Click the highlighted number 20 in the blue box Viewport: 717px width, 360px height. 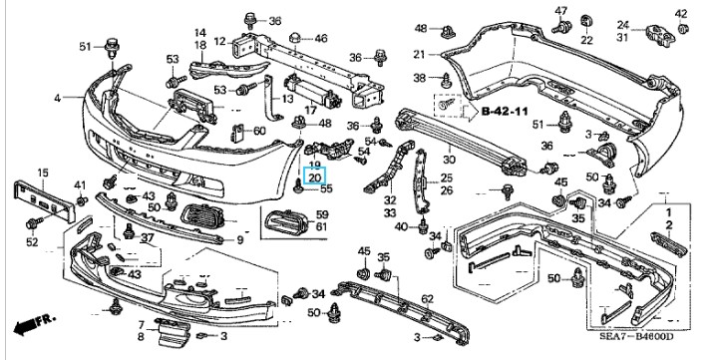[315, 178]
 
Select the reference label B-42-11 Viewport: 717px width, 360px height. [505, 111]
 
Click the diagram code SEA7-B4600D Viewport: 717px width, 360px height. [636, 337]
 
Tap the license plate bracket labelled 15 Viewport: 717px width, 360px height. [44, 201]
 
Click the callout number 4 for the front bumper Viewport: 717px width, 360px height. [57, 98]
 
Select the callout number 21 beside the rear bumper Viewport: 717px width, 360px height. [419, 55]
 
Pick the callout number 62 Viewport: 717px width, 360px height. [427, 299]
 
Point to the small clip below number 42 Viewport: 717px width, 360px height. [682, 28]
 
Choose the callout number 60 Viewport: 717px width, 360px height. [259, 132]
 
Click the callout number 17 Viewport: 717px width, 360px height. [310, 111]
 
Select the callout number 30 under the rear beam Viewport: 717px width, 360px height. [449, 160]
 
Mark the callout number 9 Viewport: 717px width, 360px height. [240, 239]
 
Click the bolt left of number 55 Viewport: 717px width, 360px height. [298, 187]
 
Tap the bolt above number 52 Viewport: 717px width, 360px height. [34, 223]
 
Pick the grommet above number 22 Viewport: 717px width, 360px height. [585, 21]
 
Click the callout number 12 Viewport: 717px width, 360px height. [219, 42]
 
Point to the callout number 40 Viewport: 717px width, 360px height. [401, 226]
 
